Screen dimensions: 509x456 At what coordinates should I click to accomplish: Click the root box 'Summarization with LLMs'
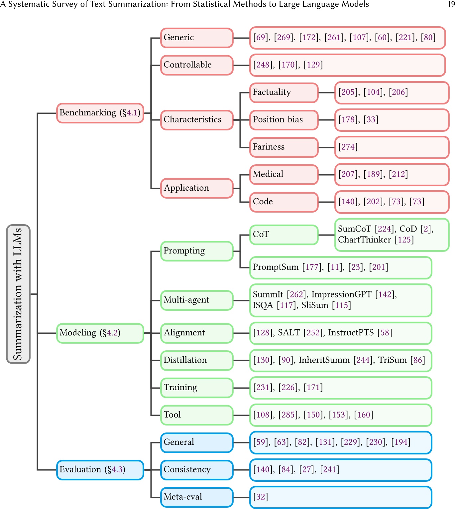18,294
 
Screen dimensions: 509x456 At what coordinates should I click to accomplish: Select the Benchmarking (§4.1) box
100,113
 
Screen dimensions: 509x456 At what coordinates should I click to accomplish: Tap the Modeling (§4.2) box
100,333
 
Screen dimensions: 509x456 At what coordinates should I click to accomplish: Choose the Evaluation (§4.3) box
100,469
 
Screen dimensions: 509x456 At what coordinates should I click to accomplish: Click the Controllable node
197,65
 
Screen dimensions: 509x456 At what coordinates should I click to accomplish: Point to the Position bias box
284,119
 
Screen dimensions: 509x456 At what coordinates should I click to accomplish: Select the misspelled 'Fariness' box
284,147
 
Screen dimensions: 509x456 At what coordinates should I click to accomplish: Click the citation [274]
348,147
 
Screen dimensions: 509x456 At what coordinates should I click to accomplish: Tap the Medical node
284,174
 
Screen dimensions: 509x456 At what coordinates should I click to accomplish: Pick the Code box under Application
284,202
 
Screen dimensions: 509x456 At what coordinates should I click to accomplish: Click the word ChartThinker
364,240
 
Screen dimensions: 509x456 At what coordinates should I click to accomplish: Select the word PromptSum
276,267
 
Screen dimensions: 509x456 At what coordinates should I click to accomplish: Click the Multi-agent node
197,300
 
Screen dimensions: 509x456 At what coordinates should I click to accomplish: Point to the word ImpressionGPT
341,294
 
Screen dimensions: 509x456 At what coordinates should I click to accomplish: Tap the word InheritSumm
324,360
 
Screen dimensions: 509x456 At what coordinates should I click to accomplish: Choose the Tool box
197,415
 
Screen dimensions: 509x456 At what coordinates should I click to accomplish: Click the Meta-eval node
197,497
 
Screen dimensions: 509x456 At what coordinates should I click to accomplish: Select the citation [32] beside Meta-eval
261,497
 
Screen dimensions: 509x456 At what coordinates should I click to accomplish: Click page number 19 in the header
451,4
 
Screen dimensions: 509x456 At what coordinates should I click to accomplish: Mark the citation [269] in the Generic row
284,37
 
